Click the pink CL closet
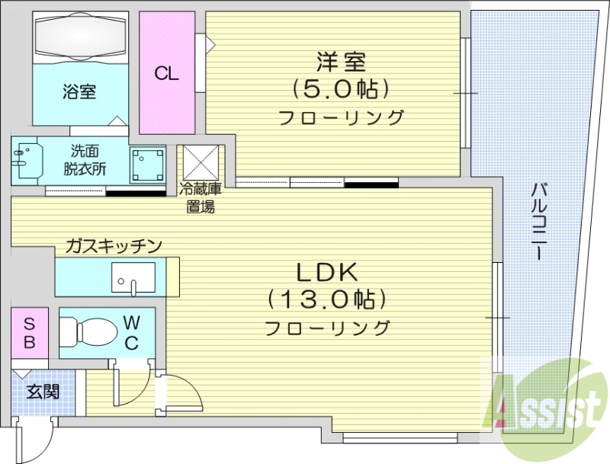tap(166, 73)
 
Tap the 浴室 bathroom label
tap(79, 92)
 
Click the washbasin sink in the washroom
tap(27, 159)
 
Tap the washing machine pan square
tap(147, 164)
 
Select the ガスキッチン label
tap(113, 245)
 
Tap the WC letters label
tap(130, 332)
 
